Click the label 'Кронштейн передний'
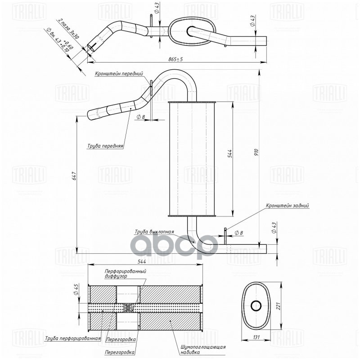pos(119,73)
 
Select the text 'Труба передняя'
pos(105,146)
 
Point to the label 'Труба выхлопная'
pos(154,232)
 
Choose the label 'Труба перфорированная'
pos(72,337)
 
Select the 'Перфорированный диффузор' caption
pos(125,274)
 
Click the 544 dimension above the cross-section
pos(145,261)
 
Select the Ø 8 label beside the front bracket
pos(141,117)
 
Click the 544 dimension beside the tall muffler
pos(229,153)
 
